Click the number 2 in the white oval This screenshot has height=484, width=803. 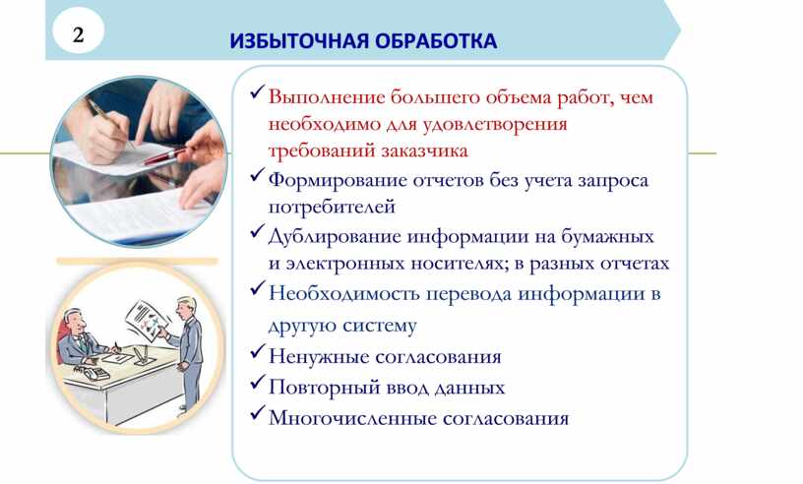click(x=78, y=34)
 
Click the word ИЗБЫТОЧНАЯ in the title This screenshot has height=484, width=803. click(x=299, y=41)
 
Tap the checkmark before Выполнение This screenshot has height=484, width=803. click(x=258, y=92)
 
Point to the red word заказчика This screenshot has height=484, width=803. click(x=424, y=151)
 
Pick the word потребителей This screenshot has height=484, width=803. click(x=332, y=207)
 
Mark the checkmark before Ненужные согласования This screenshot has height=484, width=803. click(x=258, y=352)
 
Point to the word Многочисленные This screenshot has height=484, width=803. click(x=352, y=418)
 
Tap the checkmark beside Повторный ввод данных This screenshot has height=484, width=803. click(x=258, y=384)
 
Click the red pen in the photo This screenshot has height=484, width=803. click(x=165, y=156)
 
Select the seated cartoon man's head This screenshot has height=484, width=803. click(x=74, y=321)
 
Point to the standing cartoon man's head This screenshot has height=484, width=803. click(x=185, y=306)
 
